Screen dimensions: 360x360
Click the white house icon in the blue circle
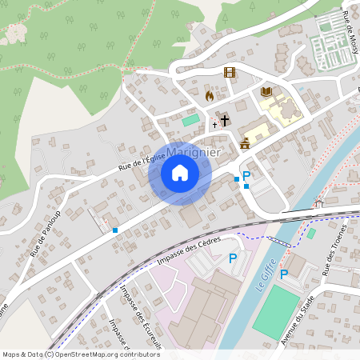click(x=180, y=173)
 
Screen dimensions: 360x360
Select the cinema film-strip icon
click(x=230, y=72)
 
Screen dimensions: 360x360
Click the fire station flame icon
click(x=210, y=95)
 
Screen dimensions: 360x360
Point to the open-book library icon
click(x=266, y=93)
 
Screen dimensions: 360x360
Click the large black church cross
click(x=225, y=121)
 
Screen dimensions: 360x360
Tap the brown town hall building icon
click(x=245, y=143)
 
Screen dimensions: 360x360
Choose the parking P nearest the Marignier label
click(x=246, y=176)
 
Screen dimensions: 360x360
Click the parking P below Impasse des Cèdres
click(x=233, y=258)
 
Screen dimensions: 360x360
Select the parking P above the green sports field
click(x=283, y=274)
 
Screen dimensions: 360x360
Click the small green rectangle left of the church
click(x=190, y=120)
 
